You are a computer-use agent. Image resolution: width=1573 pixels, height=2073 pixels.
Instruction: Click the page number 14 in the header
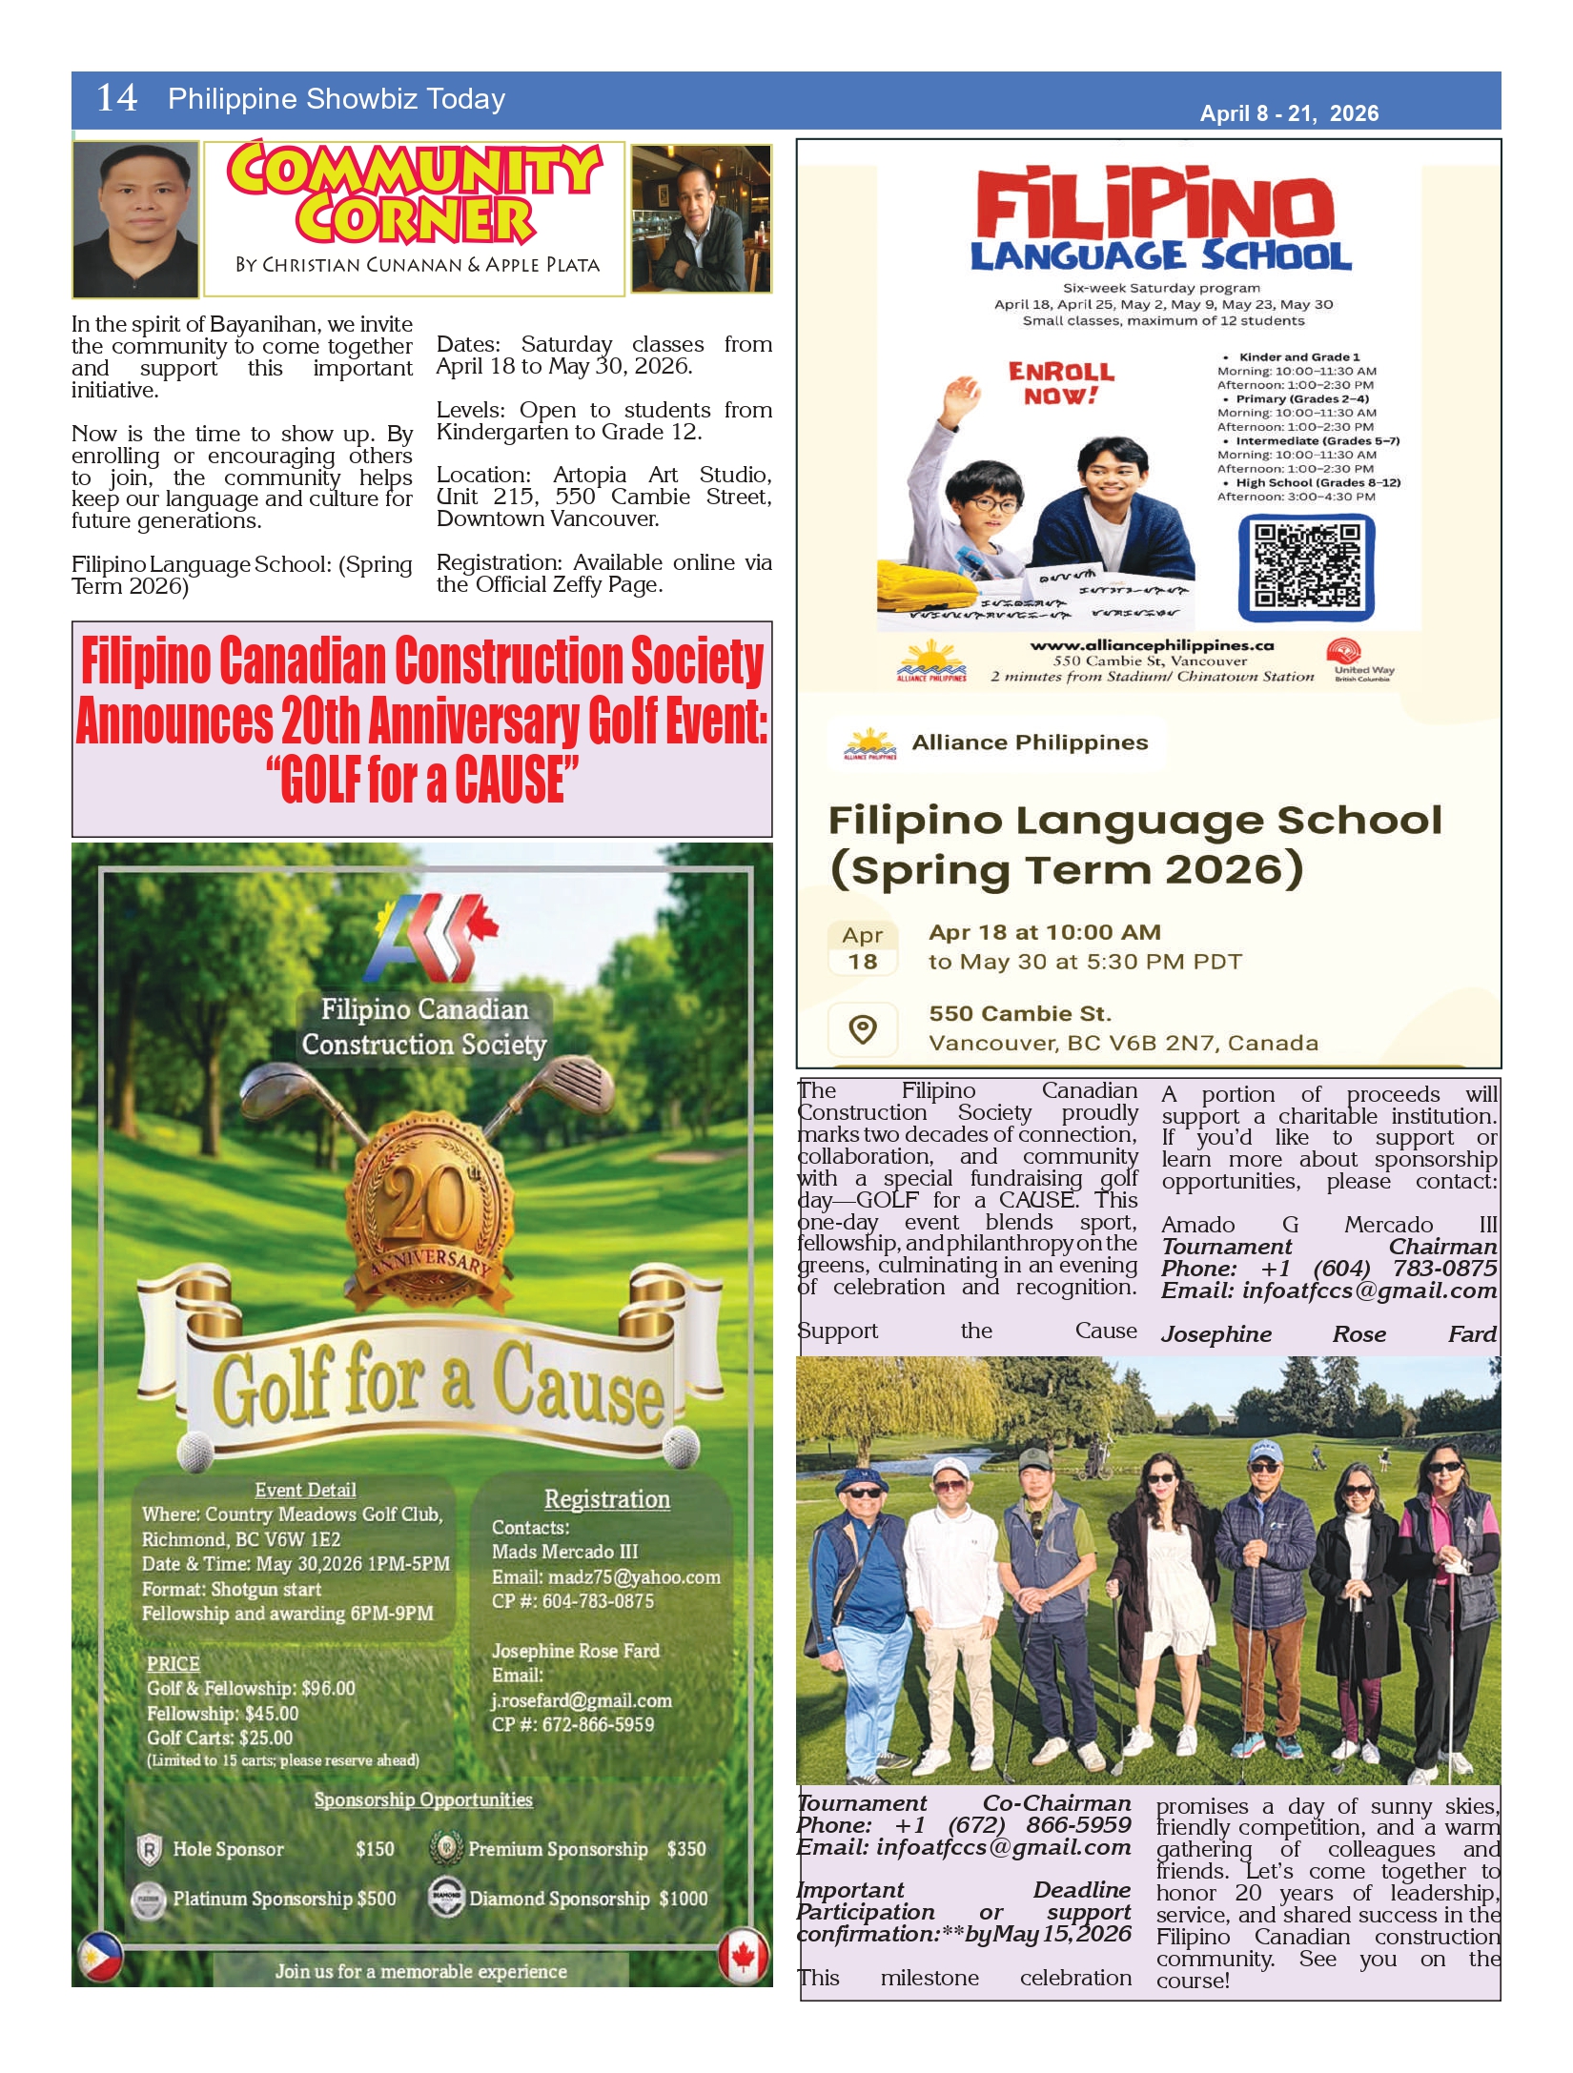click(x=116, y=98)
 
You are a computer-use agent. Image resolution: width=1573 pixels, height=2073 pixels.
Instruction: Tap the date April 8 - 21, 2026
click(x=1288, y=113)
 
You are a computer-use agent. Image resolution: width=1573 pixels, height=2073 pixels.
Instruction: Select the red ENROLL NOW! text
click(x=1061, y=382)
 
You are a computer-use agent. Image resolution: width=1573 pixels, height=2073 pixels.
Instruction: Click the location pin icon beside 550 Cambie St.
click(x=862, y=1029)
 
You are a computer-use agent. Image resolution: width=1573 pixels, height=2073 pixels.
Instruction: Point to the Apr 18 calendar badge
click(x=862, y=948)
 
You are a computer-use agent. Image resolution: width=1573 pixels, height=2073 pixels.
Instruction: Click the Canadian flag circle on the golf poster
click(x=743, y=1955)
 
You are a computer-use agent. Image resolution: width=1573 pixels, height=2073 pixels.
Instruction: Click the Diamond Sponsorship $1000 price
click(x=683, y=1899)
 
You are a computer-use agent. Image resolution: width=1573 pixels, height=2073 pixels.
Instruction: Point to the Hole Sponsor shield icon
click(x=150, y=1850)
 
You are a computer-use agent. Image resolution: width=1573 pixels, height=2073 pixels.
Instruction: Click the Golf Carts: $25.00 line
click(x=220, y=1738)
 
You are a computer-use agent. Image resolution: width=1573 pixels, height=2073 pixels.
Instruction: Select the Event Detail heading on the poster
click(x=305, y=1490)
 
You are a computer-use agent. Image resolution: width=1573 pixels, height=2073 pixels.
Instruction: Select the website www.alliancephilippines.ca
click(x=1152, y=645)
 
